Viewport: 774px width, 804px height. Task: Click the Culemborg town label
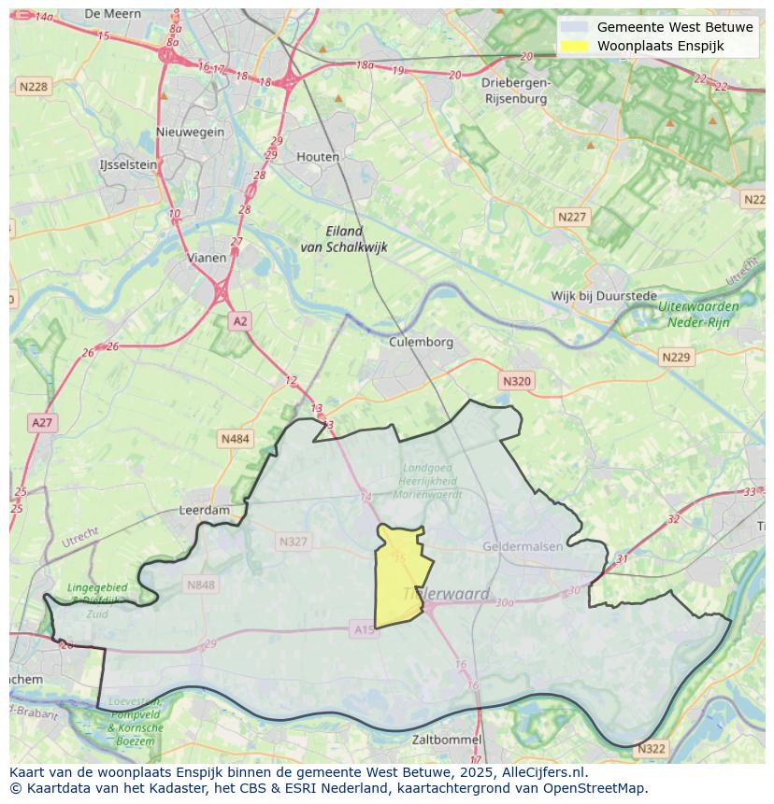421,342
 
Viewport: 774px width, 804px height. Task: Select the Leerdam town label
204,511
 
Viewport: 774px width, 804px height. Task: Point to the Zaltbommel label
447,740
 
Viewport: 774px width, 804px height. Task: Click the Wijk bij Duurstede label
604,296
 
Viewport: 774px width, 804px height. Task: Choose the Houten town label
318,157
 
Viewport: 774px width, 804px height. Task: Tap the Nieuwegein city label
191,132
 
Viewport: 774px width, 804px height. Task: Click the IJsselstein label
128,164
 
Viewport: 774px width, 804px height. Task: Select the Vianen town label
206,258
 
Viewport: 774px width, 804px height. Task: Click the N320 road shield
516,381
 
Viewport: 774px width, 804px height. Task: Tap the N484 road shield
236,438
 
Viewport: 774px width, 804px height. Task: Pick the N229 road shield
675,358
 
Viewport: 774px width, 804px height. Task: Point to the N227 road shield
572,217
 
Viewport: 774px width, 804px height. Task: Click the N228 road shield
33,86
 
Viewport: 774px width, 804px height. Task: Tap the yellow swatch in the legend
574,46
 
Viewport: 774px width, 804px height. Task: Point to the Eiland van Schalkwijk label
344,239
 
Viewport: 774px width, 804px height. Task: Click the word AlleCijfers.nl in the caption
539,772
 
